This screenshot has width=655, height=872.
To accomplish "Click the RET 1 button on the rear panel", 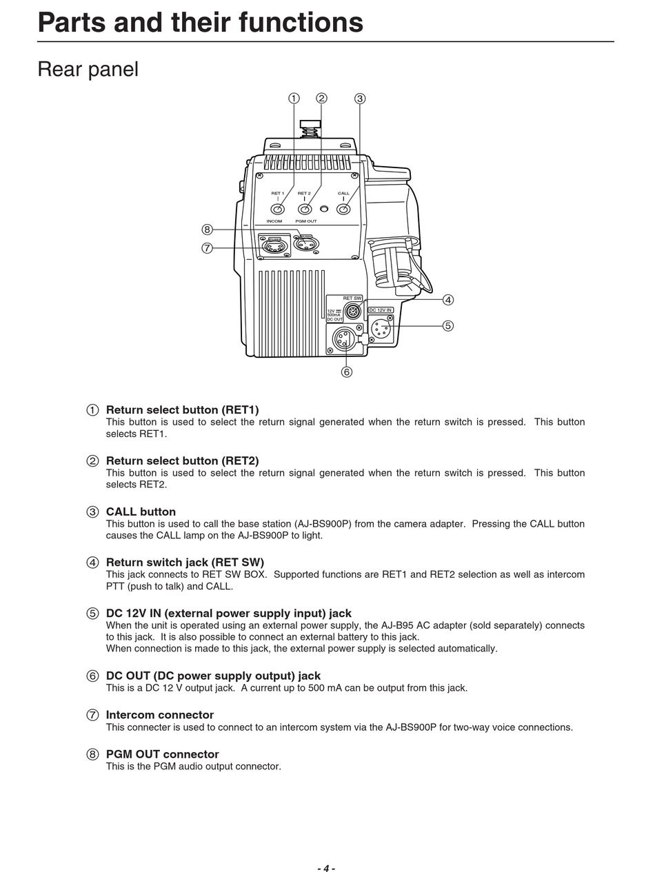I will pos(277,209).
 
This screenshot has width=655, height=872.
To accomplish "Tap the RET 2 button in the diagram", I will pos(305,209).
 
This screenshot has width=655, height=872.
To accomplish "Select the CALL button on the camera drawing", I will pos(343,209).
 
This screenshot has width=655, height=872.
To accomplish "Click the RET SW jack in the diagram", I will pos(352,311).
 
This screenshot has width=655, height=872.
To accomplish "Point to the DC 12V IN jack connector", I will pos(381,329).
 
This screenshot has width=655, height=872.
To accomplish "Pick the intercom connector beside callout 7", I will pos(274,246).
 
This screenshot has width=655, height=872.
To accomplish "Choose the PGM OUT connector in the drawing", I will pos(306,244).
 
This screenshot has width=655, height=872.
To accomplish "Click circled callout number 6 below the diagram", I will pos(346,372).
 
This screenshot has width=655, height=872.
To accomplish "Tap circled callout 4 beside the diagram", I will pos(448,300).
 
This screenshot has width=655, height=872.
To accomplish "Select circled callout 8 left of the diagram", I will pos(207,230).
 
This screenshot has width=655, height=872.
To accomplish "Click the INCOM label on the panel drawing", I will pos(274,221).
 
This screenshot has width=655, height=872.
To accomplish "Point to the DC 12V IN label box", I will pos(381,310).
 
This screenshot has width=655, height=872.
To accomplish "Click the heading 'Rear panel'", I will pos(88,69).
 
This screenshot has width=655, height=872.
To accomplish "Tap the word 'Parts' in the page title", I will pos(71,23).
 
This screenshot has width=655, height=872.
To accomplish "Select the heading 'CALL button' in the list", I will pos(141,511).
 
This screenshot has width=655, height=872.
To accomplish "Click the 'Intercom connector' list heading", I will pos(160,715).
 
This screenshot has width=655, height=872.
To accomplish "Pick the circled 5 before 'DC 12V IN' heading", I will pos(92,614).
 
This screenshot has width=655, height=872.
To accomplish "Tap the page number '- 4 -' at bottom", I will pos(326,869).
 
